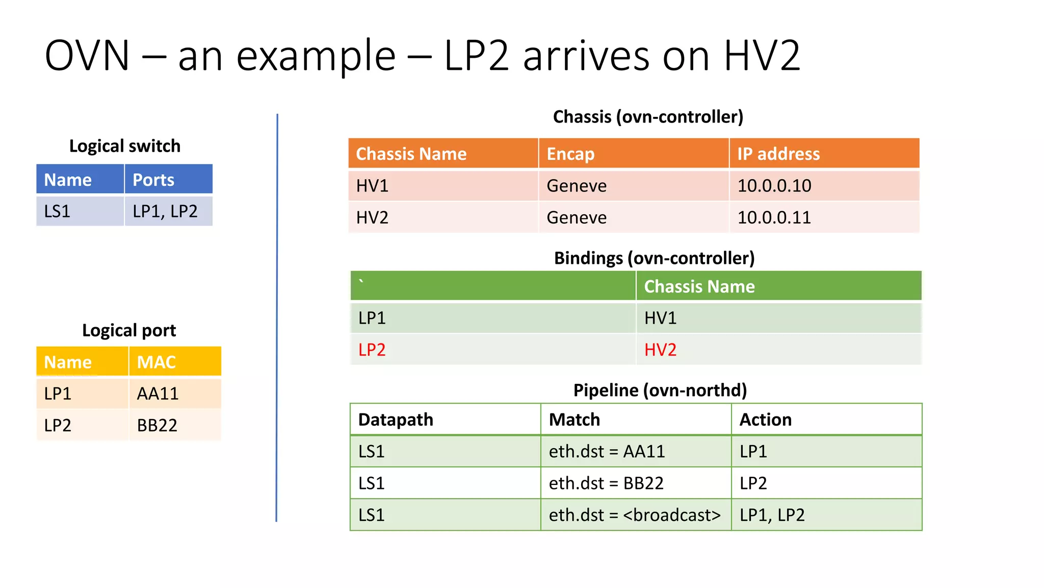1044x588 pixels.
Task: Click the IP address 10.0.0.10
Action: (774, 186)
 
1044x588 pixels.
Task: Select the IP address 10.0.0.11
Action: (774, 217)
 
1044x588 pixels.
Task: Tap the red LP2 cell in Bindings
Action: (372, 350)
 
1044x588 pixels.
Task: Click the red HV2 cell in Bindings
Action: (660, 350)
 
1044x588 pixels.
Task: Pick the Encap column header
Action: (570, 154)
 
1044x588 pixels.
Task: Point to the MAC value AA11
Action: (158, 394)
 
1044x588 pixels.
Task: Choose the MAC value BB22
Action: (157, 425)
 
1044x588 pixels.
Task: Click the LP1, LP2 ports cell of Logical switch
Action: (165, 211)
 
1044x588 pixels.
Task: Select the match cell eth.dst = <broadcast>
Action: (635, 515)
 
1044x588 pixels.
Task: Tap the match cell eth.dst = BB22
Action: (606, 483)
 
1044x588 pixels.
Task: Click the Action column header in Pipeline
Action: (766, 420)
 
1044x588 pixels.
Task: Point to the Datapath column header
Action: (396, 420)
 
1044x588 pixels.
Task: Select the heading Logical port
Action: (129, 330)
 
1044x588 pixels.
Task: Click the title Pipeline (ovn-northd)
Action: (660, 390)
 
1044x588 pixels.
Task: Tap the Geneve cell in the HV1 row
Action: (577, 186)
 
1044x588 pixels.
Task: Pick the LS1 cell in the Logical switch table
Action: (57, 211)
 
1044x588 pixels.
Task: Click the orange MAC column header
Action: (156, 362)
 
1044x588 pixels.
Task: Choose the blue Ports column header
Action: (153, 180)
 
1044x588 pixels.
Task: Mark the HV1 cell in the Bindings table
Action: (660, 318)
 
